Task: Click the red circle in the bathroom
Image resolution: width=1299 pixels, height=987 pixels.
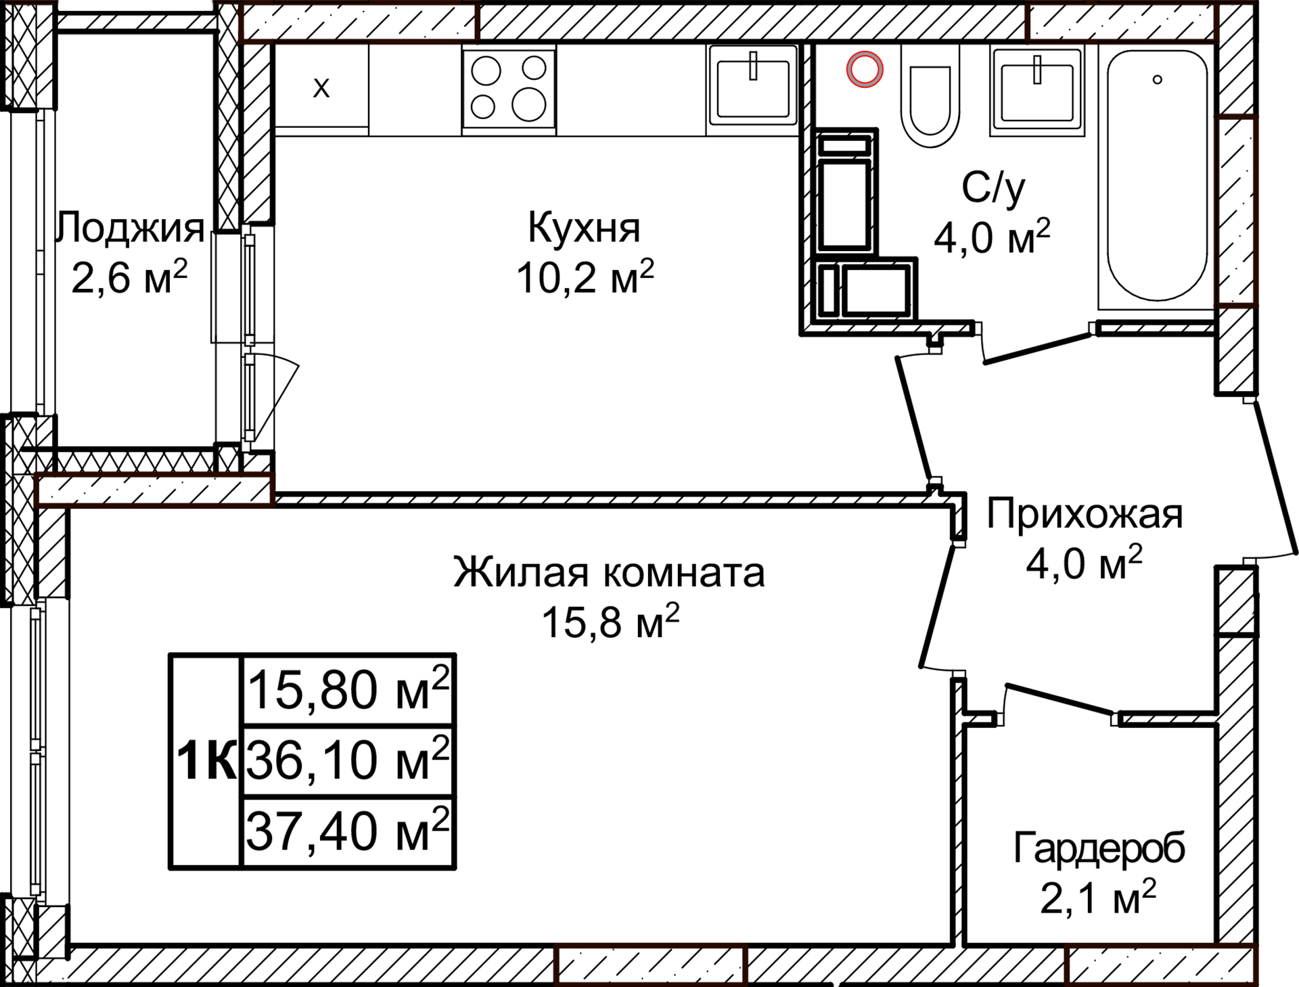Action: click(865, 69)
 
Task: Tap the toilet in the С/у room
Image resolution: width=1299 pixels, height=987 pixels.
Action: click(930, 101)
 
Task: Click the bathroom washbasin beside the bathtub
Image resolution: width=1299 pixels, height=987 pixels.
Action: click(1036, 91)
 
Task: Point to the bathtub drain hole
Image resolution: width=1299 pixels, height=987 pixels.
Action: click(1158, 79)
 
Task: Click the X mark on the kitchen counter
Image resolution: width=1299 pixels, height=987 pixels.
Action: click(321, 87)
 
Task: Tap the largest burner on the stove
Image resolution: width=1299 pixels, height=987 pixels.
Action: click(528, 105)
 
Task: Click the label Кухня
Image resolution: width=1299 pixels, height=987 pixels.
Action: click(584, 227)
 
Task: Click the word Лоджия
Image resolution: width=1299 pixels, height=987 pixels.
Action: click(131, 227)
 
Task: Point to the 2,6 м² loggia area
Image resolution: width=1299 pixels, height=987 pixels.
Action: click(129, 277)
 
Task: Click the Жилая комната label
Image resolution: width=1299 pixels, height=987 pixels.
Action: click(609, 572)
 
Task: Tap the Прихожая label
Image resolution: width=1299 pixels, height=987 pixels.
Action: click(1084, 514)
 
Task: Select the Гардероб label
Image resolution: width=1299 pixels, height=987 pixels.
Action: click(1099, 848)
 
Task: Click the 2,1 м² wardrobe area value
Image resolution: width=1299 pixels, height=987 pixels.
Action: click(1097, 899)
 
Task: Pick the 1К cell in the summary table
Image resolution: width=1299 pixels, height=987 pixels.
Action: click(206, 761)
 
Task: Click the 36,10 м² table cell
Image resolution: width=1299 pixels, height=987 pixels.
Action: click(348, 760)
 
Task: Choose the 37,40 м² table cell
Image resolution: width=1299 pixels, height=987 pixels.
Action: click(348, 831)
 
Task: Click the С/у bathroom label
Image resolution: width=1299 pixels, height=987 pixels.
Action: click(993, 188)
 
